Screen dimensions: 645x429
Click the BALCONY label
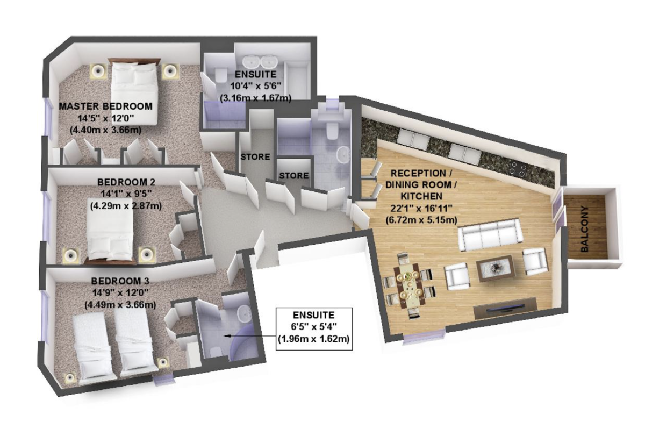point(585,229)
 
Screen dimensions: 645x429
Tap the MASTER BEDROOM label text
point(106,106)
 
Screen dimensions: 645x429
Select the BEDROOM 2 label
point(126,182)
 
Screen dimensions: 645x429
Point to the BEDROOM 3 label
point(120,281)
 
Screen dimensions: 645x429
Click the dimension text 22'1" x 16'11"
point(421,208)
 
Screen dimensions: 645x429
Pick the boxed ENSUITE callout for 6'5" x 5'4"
point(314,328)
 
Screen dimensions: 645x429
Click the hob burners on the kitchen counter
point(518,169)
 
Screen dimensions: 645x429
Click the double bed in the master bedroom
point(134,91)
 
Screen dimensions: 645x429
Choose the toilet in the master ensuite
point(221,75)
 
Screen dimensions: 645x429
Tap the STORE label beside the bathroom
point(293,175)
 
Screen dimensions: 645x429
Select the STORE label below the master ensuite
point(255,157)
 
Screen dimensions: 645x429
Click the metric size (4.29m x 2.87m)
point(126,206)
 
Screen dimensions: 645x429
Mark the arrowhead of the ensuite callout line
point(227,335)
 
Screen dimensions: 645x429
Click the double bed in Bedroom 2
point(110,230)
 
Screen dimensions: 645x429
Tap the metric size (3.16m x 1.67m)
point(256,98)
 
